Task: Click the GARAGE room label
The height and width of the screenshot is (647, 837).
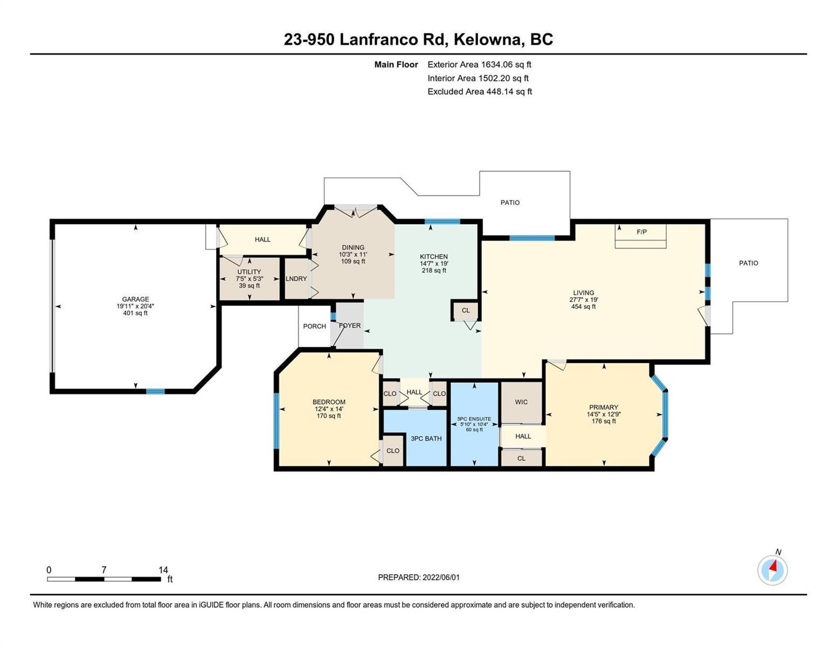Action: [x=135, y=299]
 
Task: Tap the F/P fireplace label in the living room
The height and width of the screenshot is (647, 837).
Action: [x=641, y=232]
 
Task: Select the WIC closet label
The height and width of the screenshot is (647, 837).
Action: [x=521, y=402]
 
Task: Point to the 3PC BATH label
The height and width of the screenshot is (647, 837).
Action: [x=426, y=438]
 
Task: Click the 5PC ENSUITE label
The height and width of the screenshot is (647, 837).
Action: [x=474, y=419]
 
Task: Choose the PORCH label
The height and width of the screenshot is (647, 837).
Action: [x=314, y=326]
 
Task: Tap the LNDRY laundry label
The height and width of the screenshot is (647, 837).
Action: [x=296, y=279]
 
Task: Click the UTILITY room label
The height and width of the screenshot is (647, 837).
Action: [x=249, y=272]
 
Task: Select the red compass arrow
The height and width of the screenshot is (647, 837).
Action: [x=773, y=566]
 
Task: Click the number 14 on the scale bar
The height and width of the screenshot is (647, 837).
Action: [x=163, y=570]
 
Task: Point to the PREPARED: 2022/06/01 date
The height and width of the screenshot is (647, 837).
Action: [x=419, y=577]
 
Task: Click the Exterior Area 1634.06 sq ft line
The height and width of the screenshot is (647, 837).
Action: [x=479, y=65]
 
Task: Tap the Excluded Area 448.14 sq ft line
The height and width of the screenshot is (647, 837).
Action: [x=480, y=92]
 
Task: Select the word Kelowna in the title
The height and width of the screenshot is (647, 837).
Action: [x=487, y=40]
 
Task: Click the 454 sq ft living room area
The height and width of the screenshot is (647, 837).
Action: [x=583, y=307]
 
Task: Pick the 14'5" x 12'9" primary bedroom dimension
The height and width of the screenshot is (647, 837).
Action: [x=604, y=414]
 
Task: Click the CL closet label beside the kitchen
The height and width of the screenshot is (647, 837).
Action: [x=466, y=310]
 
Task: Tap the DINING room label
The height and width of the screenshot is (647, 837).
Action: [x=353, y=247]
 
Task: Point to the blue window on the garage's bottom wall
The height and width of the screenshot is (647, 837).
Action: [x=155, y=391]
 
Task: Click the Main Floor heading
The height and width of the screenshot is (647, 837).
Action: [x=396, y=65]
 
